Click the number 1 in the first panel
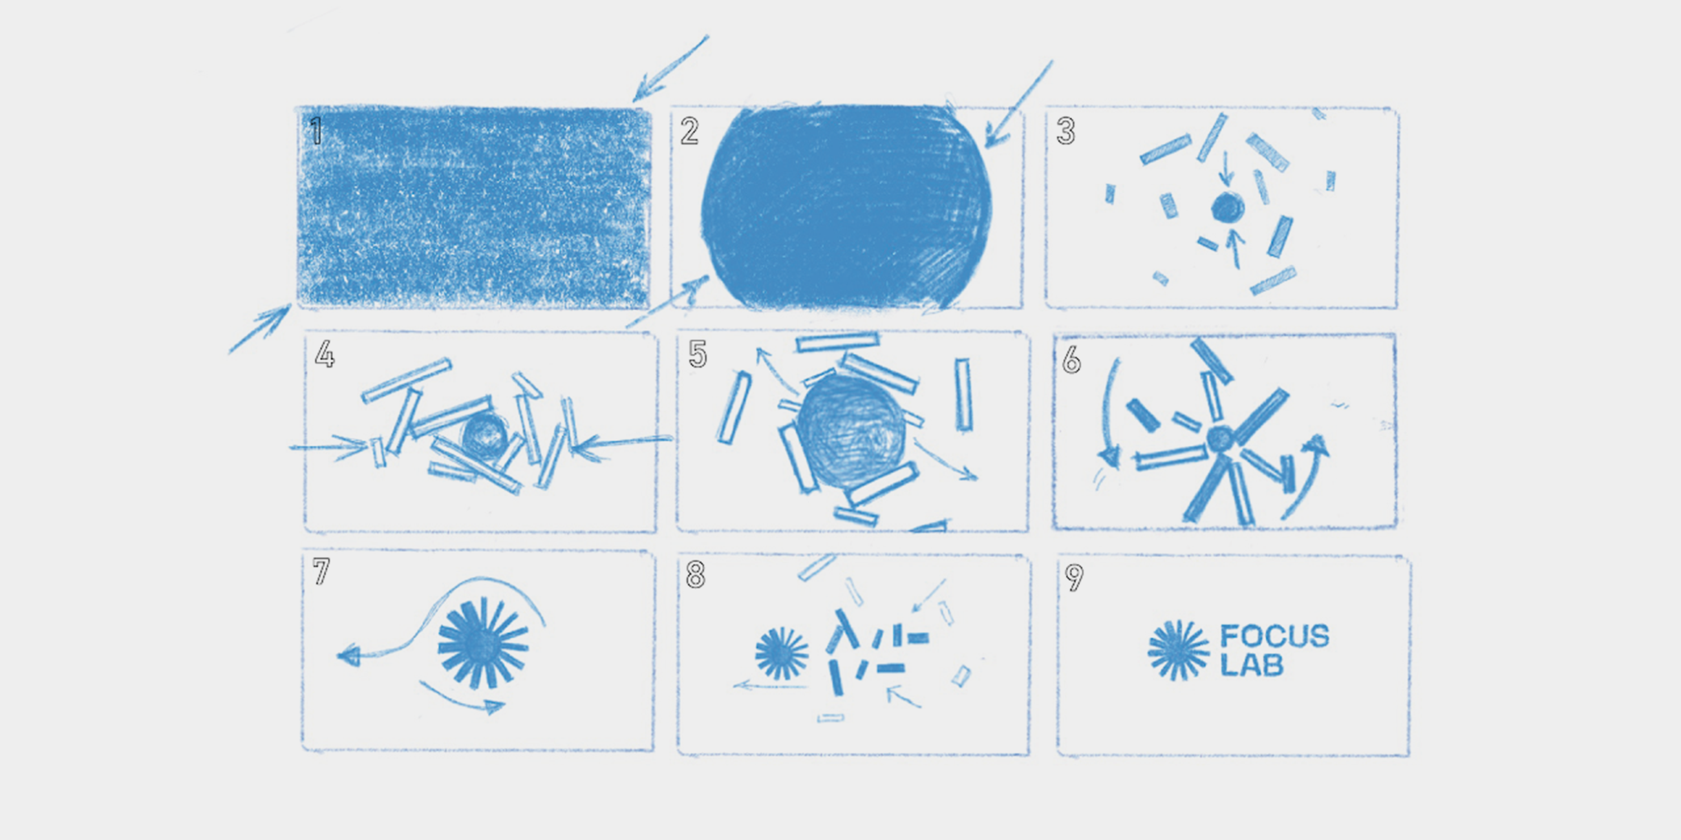317,131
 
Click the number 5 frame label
698,354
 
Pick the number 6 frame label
1071,359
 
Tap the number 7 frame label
321,571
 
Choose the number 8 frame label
696,575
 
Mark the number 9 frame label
1074,577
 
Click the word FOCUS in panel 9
1274,636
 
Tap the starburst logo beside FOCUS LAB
1179,650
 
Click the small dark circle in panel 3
1228,208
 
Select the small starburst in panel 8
781,653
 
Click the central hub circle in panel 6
1219,439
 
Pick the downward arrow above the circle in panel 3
1226,169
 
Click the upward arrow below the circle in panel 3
1235,249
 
